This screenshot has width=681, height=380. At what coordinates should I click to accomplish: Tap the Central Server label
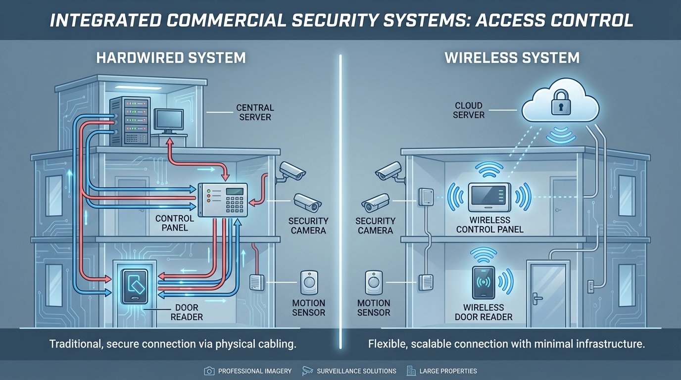[x=254, y=112]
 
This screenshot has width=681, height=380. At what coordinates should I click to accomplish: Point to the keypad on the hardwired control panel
[x=235, y=200]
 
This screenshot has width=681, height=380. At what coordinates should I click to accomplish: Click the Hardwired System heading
[x=171, y=58]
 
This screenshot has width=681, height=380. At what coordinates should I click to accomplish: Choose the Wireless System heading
[x=512, y=58]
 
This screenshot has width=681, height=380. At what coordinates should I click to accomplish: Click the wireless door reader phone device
[x=484, y=283]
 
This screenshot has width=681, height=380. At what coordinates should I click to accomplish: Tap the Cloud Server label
[x=469, y=110]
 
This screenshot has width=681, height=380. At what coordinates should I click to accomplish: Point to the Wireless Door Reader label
[x=483, y=312]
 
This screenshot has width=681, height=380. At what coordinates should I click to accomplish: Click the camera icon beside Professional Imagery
[x=208, y=371]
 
